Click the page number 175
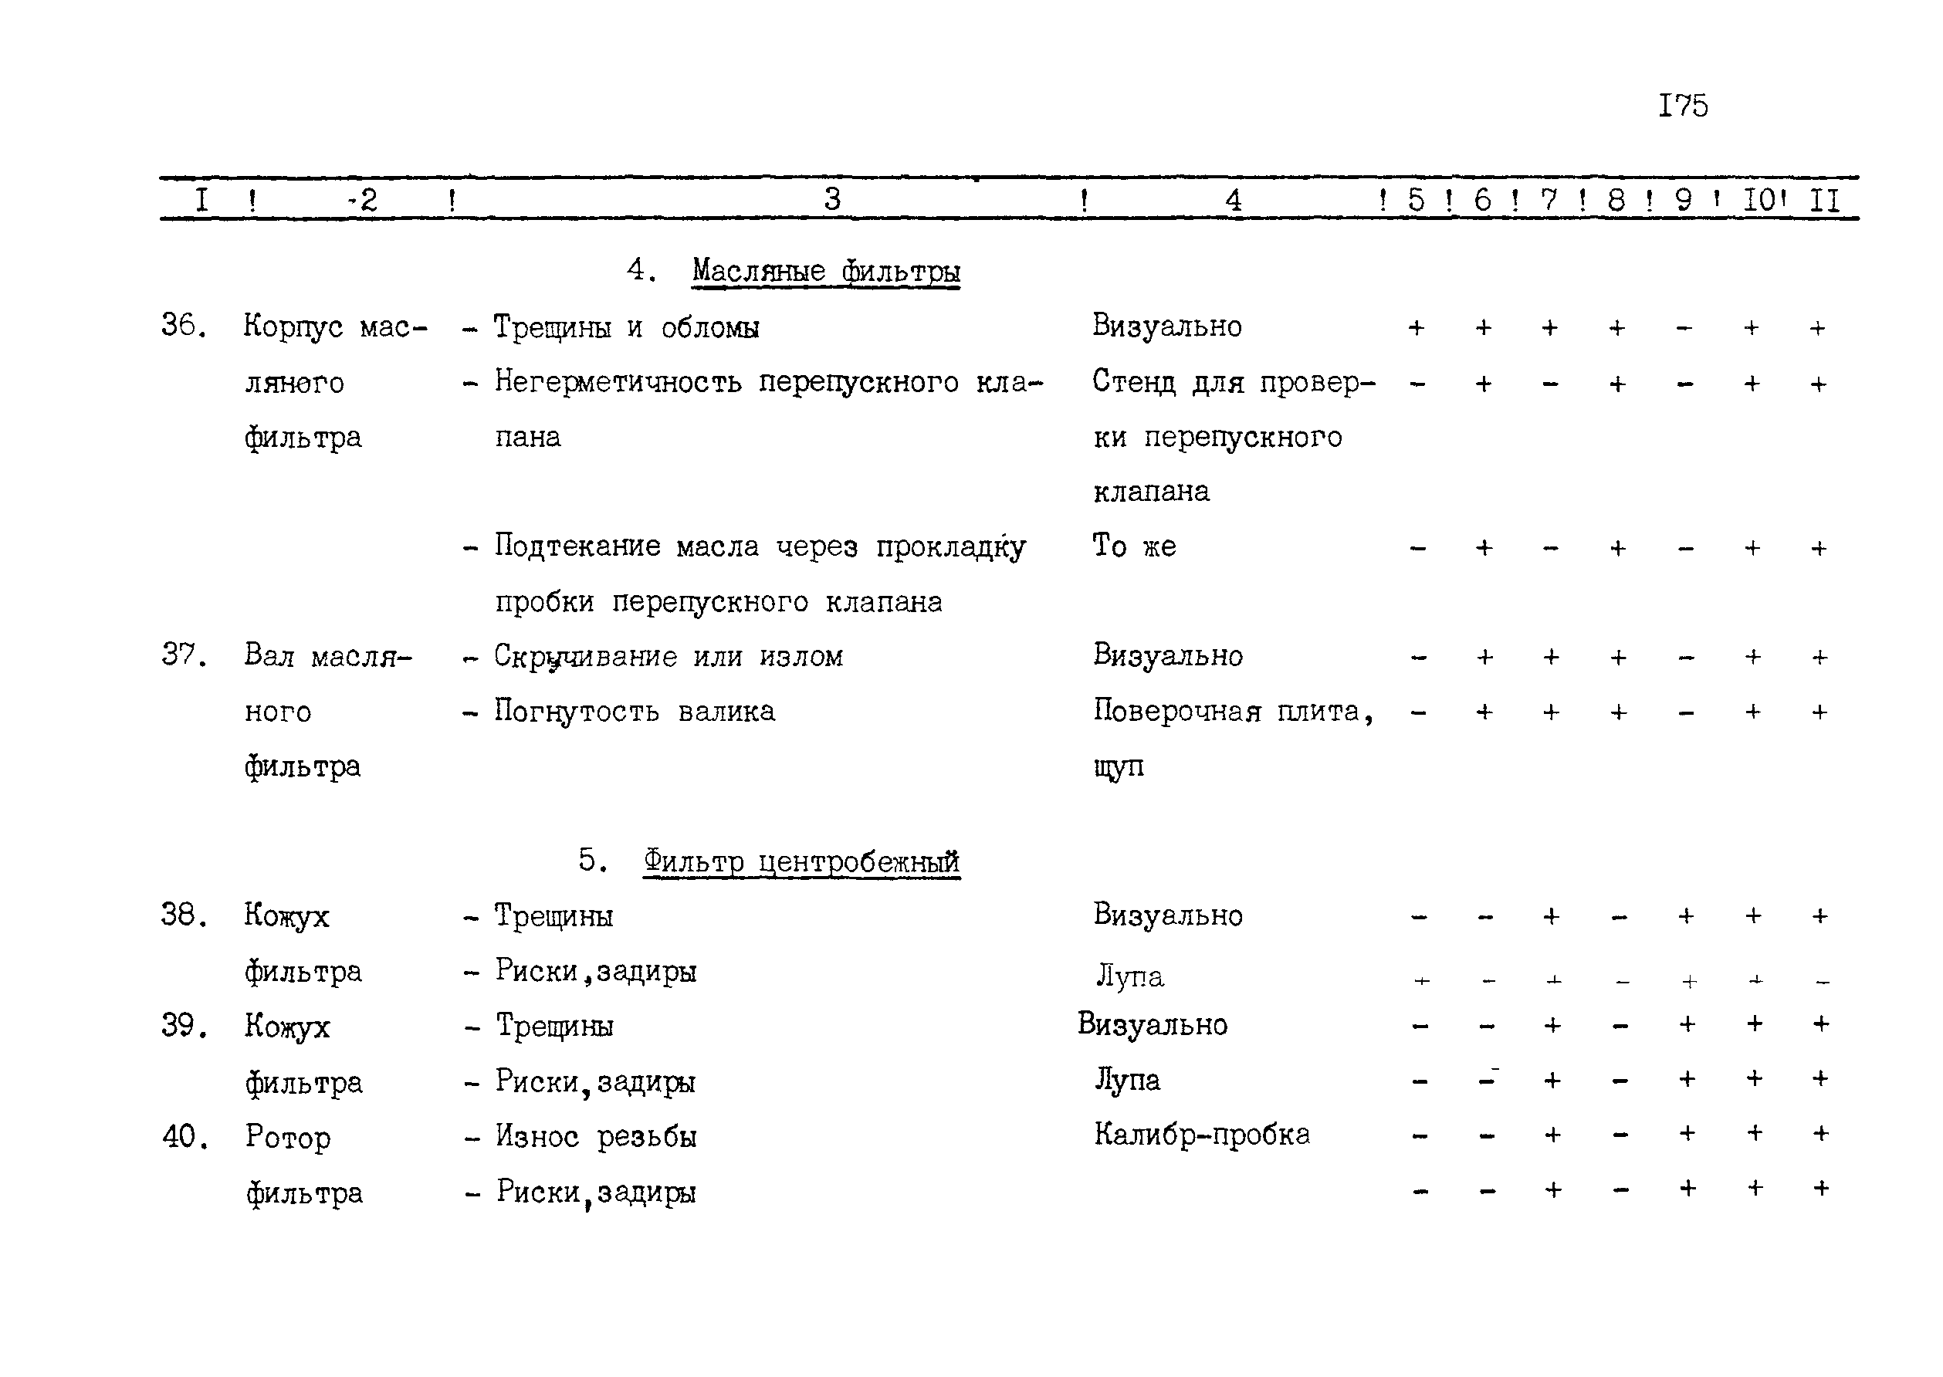point(1683,106)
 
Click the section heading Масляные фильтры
point(825,272)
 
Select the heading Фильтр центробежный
point(801,861)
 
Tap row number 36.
point(183,326)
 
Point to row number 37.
point(183,655)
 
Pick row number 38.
point(183,915)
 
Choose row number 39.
point(183,1026)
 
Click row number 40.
point(184,1136)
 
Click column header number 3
point(832,199)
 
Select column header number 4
point(1233,201)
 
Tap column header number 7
point(1549,200)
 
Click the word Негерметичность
point(618,382)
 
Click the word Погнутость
point(576,712)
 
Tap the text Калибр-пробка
point(1202,1135)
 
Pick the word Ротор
point(287,1137)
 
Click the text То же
point(1134,546)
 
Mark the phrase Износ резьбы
point(595,1136)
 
